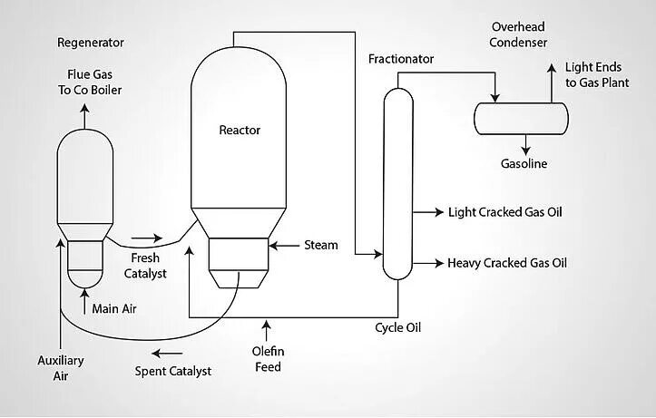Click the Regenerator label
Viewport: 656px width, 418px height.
[x=91, y=43]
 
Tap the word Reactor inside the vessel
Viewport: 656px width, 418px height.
[x=240, y=130]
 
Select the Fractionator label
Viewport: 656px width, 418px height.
[x=401, y=60]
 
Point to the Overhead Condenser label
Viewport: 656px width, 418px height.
[x=519, y=34]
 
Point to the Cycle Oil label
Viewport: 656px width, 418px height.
[x=398, y=327]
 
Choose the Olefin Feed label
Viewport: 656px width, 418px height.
[x=267, y=359]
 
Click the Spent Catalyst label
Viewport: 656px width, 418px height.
[x=173, y=371]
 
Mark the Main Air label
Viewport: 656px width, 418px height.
[x=114, y=308]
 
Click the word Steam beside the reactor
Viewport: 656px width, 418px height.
[x=320, y=245]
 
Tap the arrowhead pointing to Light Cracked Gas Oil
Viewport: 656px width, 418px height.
[x=436, y=212]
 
